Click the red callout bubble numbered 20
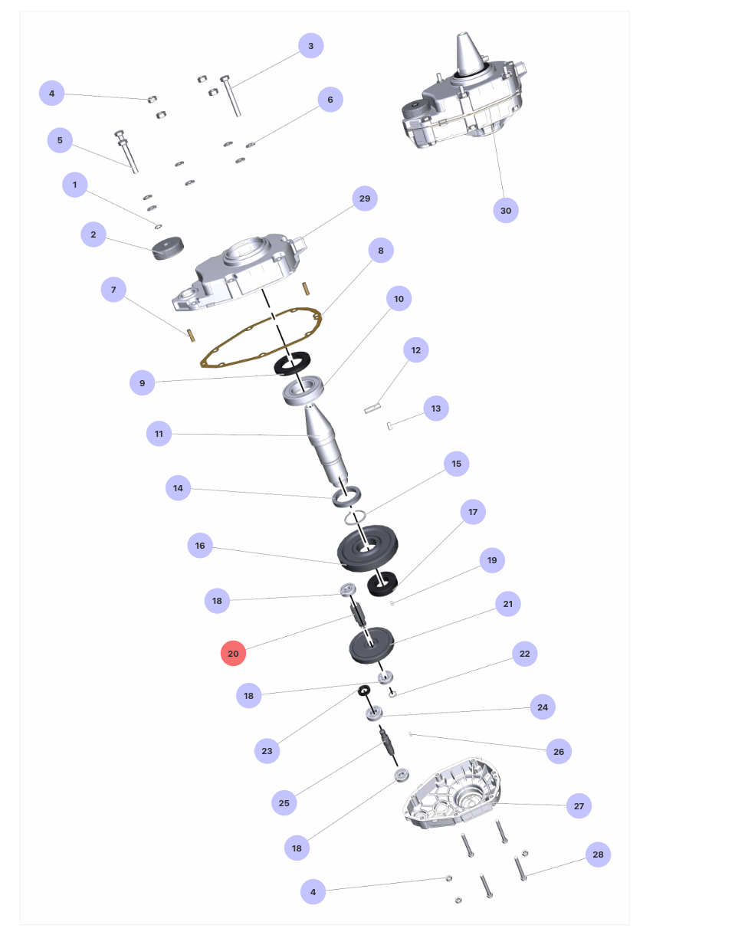(x=233, y=653)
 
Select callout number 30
(x=506, y=210)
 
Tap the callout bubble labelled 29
(x=365, y=198)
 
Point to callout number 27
(x=579, y=806)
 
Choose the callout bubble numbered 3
(x=310, y=46)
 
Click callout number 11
(x=159, y=434)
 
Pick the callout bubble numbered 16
(x=200, y=545)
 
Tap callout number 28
(x=598, y=855)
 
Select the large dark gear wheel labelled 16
(x=367, y=548)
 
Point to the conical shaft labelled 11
(x=325, y=445)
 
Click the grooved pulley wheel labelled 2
(x=168, y=248)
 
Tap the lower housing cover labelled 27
(x=452, y=793)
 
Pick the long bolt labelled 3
(x=231, y=96)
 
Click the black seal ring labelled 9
(x=292, y=364)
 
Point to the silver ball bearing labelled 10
(x=303, y=391)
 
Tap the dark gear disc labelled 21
(x=371, y=645)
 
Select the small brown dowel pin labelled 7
(x=190, y=336)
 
